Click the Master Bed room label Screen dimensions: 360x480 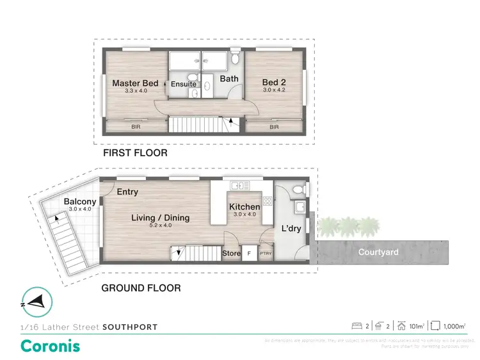pyautogui.click(x=135, y=83)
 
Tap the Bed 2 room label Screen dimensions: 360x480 pyautogui.click(x=274, y=83)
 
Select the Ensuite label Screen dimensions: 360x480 pyautogui.click(x=183, y=84)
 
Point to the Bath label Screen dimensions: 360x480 pyautogui.click(x=229, y=79)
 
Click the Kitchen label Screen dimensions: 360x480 pyautogui.click(x=244, y=207)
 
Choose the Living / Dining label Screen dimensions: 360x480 pyautogui.click(x=160, y=218)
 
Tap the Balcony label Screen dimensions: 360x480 pyautogui.click(x=79, y=202)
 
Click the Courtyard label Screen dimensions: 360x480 pyautogui.click(x=378, y=252)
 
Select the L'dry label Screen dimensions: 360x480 pyautogui.click(x=291, y=229)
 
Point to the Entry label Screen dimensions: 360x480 pyautogui.click(x=127, y=192)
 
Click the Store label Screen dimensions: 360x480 pyautogui.click(x=231, y=254)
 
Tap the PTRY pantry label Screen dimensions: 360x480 pyautogui.click(x=265, y=254)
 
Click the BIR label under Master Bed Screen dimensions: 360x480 pyautogui.click(x=135, y=127)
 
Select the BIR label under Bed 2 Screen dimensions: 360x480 pyautogui.click(x=274, y=127)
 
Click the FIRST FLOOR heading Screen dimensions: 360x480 pyautogui.click(x=135, y=153)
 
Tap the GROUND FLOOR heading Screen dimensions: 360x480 pyautogui.click(x=141, y=288)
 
